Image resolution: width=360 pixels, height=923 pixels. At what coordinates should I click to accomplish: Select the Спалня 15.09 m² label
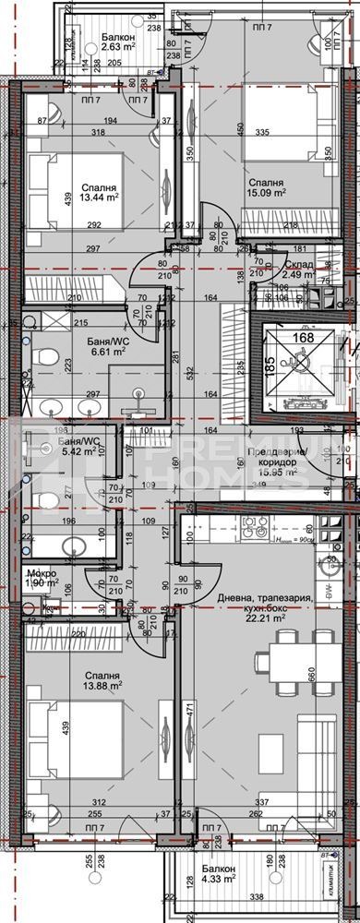pos(267,188)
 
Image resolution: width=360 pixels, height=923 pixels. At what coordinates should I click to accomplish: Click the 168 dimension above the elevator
pos(299,337)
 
